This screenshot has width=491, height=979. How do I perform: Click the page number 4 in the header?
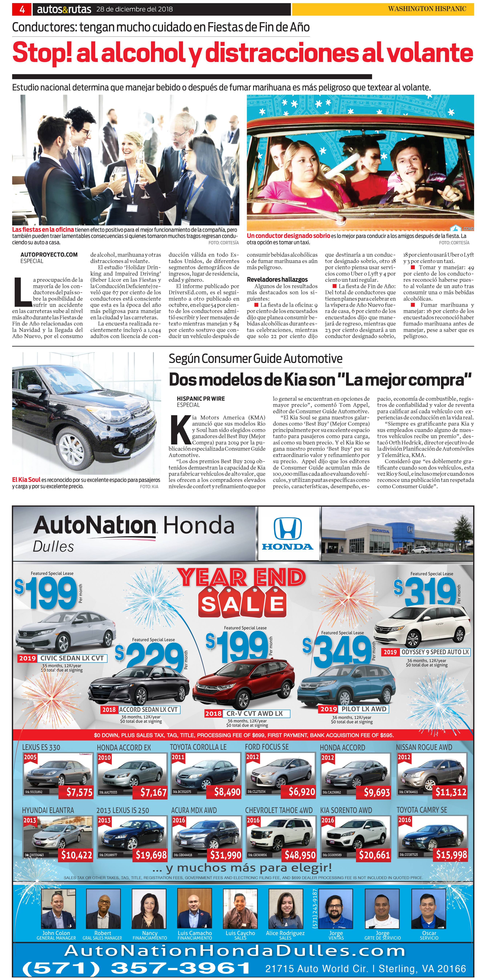pyautogui.click(x=22, y=9)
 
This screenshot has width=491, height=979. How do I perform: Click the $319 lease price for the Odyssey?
pyautogui.click(x=430, y=591)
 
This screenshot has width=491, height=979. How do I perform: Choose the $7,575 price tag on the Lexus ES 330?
pyautogui.click(x=79, y=792)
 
